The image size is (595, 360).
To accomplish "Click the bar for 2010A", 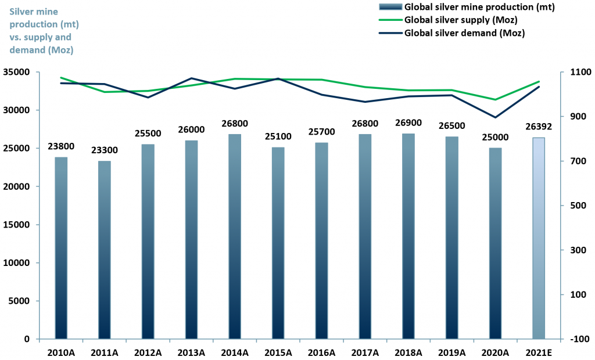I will [61, 248].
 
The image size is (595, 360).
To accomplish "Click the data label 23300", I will [105, 150].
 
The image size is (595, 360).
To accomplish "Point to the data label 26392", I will [539, 127].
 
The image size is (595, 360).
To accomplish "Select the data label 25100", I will [278, 136].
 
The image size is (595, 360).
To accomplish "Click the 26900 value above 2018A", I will [408, 123].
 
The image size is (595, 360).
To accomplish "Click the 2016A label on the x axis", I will [321, 352].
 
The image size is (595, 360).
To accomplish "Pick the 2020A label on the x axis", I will [495, 352].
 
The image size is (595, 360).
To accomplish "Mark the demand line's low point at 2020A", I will [495, 117].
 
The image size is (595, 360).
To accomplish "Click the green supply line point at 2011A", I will [105, 92].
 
